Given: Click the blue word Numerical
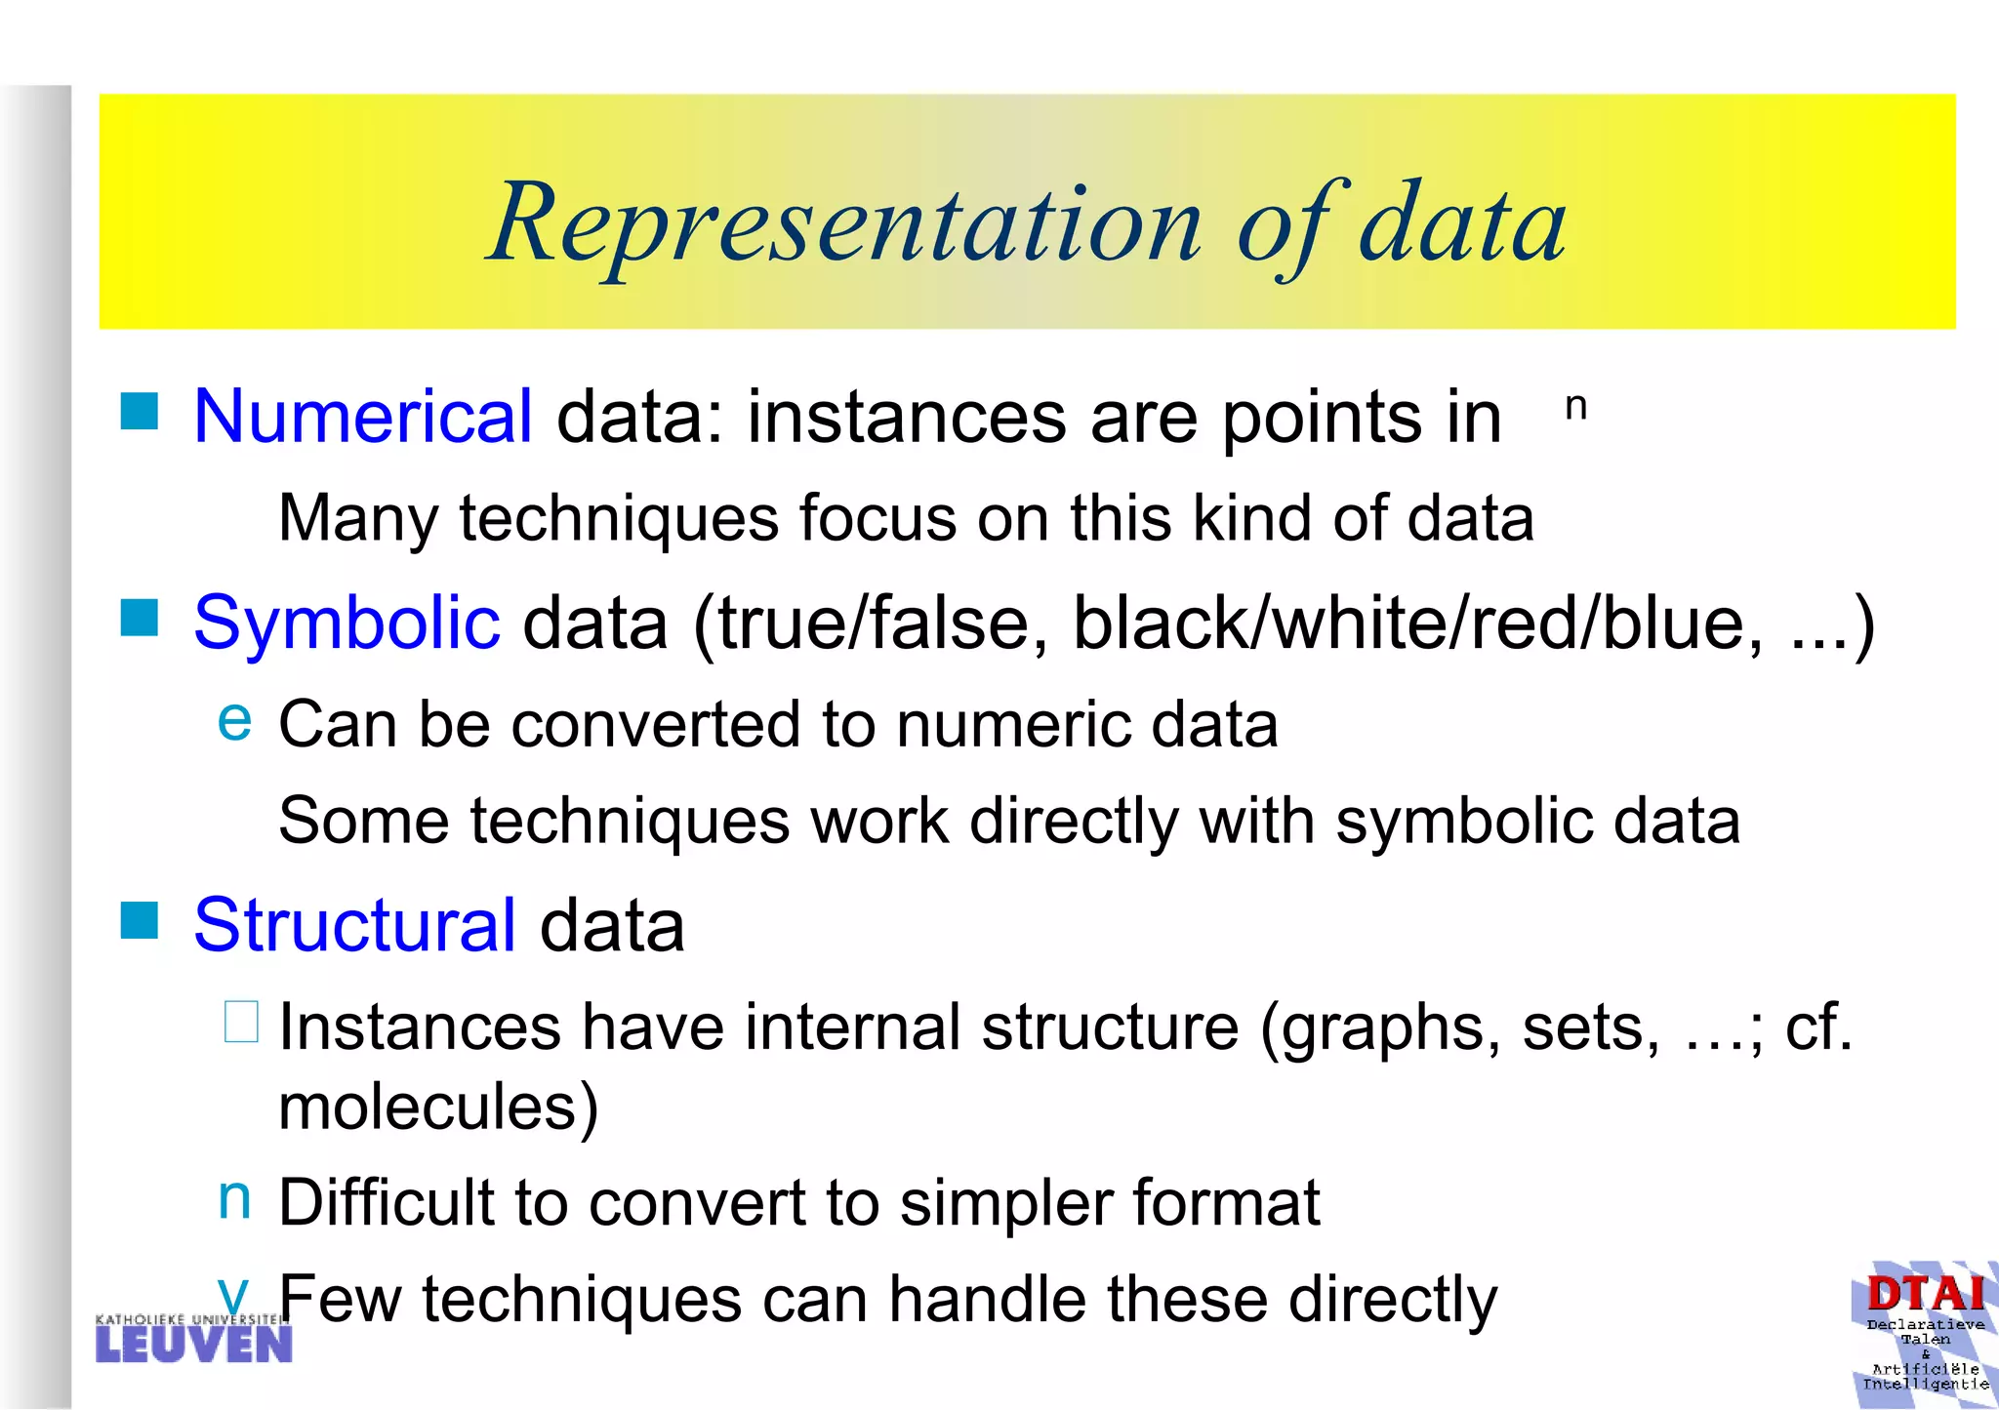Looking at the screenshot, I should tap(363, 417).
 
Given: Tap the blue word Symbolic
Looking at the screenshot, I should tap(347, 623).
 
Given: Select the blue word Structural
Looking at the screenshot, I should tap(354, 925).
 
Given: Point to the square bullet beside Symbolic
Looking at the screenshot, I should tap(140, 617).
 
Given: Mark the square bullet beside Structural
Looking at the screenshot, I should tap(140, 919).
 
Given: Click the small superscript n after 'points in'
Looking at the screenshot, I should tap(1575, 406).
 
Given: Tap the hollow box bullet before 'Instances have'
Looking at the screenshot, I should tap(241, 1022).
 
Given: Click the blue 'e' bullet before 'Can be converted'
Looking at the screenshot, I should tap(234, 720).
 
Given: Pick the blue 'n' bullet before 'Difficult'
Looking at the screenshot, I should tap(234, 1197).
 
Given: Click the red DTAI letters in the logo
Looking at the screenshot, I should tap(1925, 1294).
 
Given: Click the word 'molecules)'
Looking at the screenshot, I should tap(438, 1108).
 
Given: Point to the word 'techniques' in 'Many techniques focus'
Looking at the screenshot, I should tap(619, 518).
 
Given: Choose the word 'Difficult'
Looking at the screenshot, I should tap(387, 1202).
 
